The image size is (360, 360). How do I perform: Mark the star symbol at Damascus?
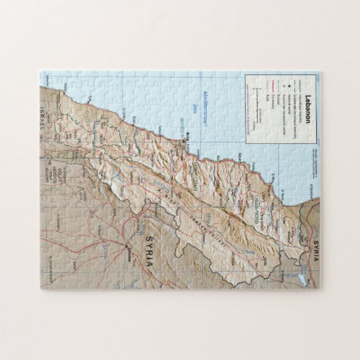tap(127, 246)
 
